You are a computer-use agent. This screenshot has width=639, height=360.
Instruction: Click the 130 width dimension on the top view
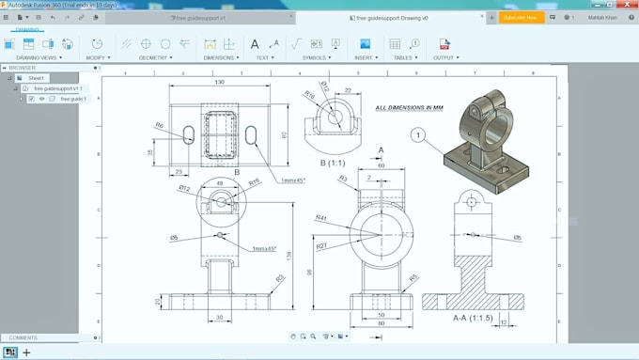click(219, 83)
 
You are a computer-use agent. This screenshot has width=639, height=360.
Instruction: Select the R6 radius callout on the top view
click(160, 125)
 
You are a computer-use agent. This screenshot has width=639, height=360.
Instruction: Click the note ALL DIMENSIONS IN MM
click(410, 108)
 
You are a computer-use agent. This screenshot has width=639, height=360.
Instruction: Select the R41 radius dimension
click(321, 218)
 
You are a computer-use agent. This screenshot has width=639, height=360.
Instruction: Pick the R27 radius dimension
click(321, 246)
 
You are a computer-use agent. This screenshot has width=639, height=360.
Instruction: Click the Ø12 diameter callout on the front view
click(186, 189)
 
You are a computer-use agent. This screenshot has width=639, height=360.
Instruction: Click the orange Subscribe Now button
click(520, 17)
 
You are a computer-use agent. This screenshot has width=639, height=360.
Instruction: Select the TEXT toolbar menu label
click(263, 57)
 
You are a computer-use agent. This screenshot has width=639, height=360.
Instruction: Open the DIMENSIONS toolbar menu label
click(219, 57)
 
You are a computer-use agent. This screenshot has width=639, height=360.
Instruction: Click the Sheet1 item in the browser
click(37, 78)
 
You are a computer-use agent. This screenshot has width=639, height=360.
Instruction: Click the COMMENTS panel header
click(23, 337)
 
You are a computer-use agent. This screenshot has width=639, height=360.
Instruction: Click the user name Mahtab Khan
click(604, 17)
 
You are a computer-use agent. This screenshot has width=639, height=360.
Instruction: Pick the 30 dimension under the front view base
click(218, 318)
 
